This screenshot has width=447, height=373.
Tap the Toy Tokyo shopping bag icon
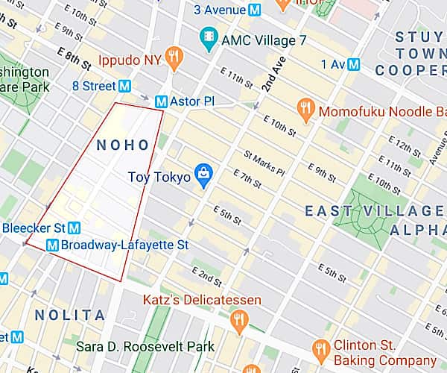tap(203, 175)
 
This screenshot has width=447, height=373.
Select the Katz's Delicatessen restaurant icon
tap(238, 321)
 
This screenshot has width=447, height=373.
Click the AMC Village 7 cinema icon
tap(208, 35)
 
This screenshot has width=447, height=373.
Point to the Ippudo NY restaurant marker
tap(174, 56)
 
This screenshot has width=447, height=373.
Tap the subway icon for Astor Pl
tap(160, 101)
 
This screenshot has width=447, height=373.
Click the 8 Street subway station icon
tap(126, 86)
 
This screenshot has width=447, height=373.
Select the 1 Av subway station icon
tap(354, 64)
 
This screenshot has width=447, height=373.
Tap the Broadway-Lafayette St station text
tap(124, 245)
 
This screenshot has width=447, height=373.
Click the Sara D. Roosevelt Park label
tap(145, 346)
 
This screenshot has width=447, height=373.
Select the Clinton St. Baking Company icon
tap(321, 348)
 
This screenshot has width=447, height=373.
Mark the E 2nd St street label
tap(206, 277)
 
